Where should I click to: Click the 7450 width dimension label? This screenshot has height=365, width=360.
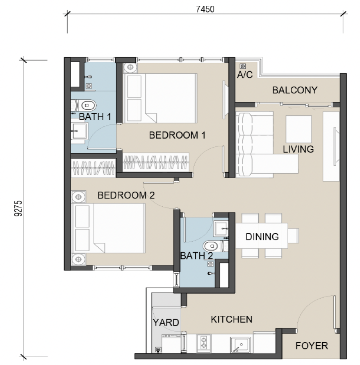(205, 9)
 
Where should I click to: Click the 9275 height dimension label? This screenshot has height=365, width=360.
(18, 208)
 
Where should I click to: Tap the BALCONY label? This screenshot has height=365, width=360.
(295, 90)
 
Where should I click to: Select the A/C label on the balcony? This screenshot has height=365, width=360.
(245, 75)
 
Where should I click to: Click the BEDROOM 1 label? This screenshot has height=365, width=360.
(177, 135)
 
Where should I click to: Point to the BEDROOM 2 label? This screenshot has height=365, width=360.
(126, 195)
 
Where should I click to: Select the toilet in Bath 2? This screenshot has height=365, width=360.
(215, 246)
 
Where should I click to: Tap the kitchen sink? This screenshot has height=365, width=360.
(241, 344)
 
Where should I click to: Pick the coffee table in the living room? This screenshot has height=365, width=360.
(298, 129)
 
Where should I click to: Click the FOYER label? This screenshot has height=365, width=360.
(312, 346)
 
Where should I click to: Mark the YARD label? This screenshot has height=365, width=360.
(166, 322)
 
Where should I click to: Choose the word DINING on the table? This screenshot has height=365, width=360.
(262, 237)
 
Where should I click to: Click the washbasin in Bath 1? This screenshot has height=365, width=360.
(80, 131)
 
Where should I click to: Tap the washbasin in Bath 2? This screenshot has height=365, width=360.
(221, 229)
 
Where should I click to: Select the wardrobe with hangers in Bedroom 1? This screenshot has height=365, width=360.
(156, 162)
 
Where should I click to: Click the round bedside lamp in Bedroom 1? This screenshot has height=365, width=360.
(130, 68)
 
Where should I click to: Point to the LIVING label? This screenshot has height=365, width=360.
(298, 149)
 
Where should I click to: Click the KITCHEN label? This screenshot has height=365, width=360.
(232, 319)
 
